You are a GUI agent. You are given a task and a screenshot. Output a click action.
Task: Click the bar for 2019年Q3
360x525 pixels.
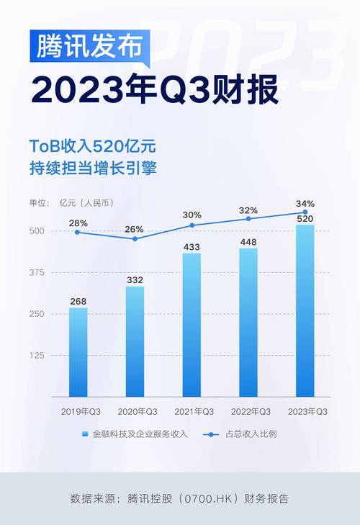(78, 353)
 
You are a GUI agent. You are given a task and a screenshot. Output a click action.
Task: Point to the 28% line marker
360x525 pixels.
(78, 232)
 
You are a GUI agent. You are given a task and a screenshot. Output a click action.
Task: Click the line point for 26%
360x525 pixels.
(135, 238)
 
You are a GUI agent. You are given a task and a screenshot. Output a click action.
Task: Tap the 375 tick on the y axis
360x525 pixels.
(37, 273)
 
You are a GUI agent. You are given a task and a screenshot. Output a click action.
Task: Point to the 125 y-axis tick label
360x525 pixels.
(37, 356)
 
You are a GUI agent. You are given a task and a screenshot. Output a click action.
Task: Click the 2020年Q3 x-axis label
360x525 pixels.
(135, 411)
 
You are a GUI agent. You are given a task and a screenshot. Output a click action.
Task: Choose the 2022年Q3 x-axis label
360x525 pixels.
(248, 411)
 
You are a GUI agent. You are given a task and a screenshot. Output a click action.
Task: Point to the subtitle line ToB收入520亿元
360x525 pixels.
(92, 147)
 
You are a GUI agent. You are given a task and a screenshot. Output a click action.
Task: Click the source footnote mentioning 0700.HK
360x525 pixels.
(179, 498)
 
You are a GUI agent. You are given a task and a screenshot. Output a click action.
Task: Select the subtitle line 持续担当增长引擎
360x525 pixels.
(92, 170)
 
